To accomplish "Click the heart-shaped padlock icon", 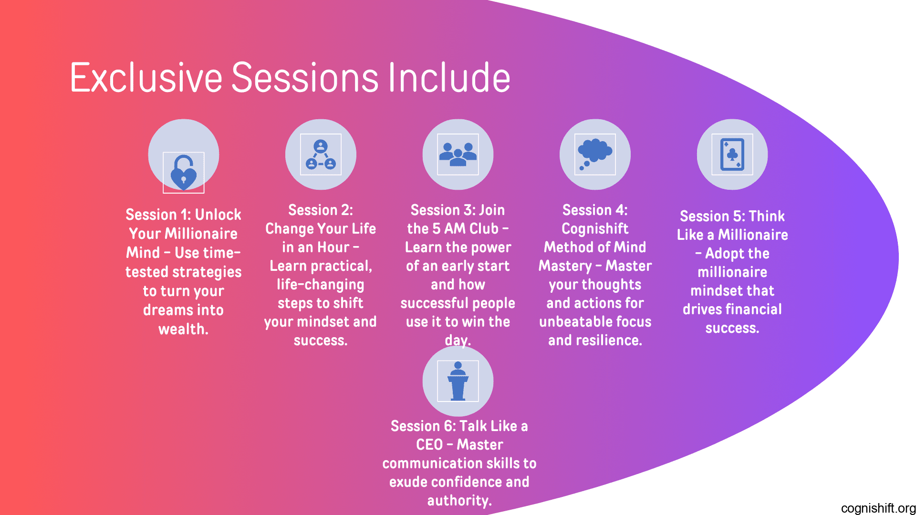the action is [184, 173].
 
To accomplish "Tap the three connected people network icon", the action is [321, 154].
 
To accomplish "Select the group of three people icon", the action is [458, 154].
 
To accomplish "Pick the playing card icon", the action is [732, 154].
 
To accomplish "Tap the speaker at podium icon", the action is [458, 381].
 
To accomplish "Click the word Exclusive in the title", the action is [146, 77].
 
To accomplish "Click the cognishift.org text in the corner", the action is [878, 508].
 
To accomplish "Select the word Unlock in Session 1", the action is [218, 215].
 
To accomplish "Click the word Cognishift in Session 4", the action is [595, 229].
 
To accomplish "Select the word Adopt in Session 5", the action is [725, 254].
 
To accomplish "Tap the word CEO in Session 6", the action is [429, 444].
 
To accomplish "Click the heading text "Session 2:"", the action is [321, 210].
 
